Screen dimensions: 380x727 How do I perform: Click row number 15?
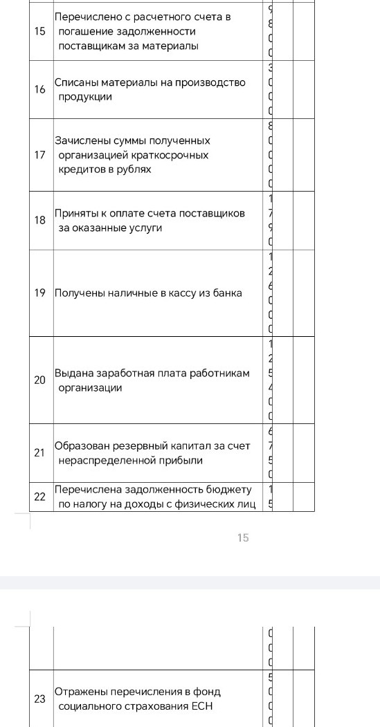40,32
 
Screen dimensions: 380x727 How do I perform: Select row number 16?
40,90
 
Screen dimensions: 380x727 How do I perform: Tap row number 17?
40,155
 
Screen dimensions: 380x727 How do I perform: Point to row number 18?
40,220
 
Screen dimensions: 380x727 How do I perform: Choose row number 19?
40,293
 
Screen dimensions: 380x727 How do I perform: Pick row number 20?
40,380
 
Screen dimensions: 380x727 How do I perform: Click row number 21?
40,453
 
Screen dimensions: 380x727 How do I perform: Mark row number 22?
40,497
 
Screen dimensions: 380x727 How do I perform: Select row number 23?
40,699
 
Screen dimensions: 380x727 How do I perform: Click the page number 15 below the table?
243,537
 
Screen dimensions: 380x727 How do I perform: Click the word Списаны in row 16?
77,83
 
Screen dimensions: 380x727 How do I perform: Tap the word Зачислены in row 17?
82,141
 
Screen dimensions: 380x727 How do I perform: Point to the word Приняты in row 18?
77,213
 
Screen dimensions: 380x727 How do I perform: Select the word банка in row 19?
227,293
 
